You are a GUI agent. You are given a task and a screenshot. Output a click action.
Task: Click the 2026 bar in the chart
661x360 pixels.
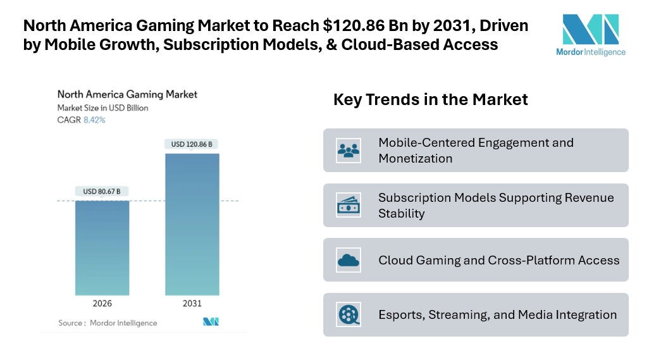[102, 247]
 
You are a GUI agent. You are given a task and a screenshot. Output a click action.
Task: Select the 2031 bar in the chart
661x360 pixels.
[192, 224]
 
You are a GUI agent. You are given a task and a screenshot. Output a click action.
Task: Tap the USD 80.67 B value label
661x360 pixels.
[102, 191]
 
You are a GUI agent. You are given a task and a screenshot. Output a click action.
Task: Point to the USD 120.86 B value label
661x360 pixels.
[192, 144]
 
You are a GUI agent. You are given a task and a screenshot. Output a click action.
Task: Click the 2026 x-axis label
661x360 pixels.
[102, 304]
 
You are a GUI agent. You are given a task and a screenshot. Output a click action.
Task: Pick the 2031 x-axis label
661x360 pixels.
[192, 304]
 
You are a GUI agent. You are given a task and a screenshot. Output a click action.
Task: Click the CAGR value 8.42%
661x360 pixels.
[94, 120]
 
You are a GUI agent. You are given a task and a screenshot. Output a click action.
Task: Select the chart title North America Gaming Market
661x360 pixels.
[127, 94]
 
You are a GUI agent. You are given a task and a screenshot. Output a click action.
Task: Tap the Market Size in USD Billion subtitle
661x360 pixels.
[102, 108]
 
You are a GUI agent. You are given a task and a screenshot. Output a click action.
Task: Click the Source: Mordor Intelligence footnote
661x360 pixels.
[108, 323]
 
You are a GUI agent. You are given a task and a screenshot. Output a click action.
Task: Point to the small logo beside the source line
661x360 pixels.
[211, 322]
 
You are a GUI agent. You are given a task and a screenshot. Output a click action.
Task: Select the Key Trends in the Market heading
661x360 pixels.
[430, 99]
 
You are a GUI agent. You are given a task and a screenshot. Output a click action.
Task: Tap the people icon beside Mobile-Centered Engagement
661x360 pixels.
[349, 151]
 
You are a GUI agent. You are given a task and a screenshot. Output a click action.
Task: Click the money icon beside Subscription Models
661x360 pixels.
[349, 205]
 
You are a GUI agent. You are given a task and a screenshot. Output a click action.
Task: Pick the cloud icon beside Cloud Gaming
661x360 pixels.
[349, 260]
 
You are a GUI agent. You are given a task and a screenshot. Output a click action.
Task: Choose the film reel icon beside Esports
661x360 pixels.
[349, 314]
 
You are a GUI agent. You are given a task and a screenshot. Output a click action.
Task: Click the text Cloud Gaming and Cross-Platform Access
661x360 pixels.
[498, 260]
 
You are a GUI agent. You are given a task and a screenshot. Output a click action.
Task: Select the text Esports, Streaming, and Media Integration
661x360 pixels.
[497, 314]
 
